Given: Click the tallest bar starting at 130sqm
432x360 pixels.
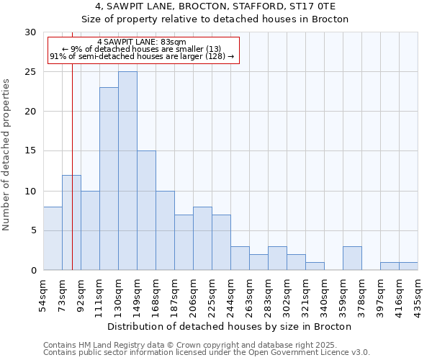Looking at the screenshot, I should click(127, 171).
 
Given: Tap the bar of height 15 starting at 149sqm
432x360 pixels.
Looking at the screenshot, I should click(146, 210).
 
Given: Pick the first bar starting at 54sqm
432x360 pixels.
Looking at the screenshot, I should click(53, 238).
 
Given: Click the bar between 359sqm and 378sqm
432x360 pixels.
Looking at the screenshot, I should click(352, 258).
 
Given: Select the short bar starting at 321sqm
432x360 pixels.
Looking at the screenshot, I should click(315, 266).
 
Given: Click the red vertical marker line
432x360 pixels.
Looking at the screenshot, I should click(72, 180).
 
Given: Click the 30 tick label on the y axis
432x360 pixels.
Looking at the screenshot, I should click(30, 32).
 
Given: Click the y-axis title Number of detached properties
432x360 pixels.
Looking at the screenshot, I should click(7, 155).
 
